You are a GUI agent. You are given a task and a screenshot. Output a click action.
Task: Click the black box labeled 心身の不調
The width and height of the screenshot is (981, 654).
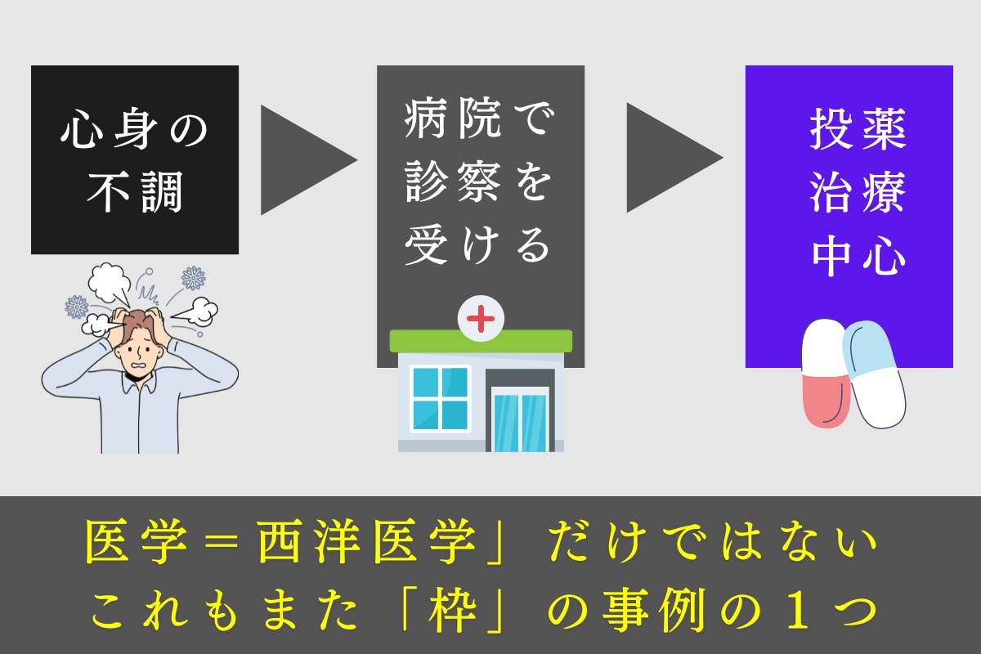point(135,159)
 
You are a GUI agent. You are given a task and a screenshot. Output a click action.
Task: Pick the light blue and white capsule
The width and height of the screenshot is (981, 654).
point(876,372)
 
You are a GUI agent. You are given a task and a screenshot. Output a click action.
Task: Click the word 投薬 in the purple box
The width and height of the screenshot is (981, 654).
point(858,131)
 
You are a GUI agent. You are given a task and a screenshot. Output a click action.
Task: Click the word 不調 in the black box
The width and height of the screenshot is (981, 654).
point(135,193)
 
